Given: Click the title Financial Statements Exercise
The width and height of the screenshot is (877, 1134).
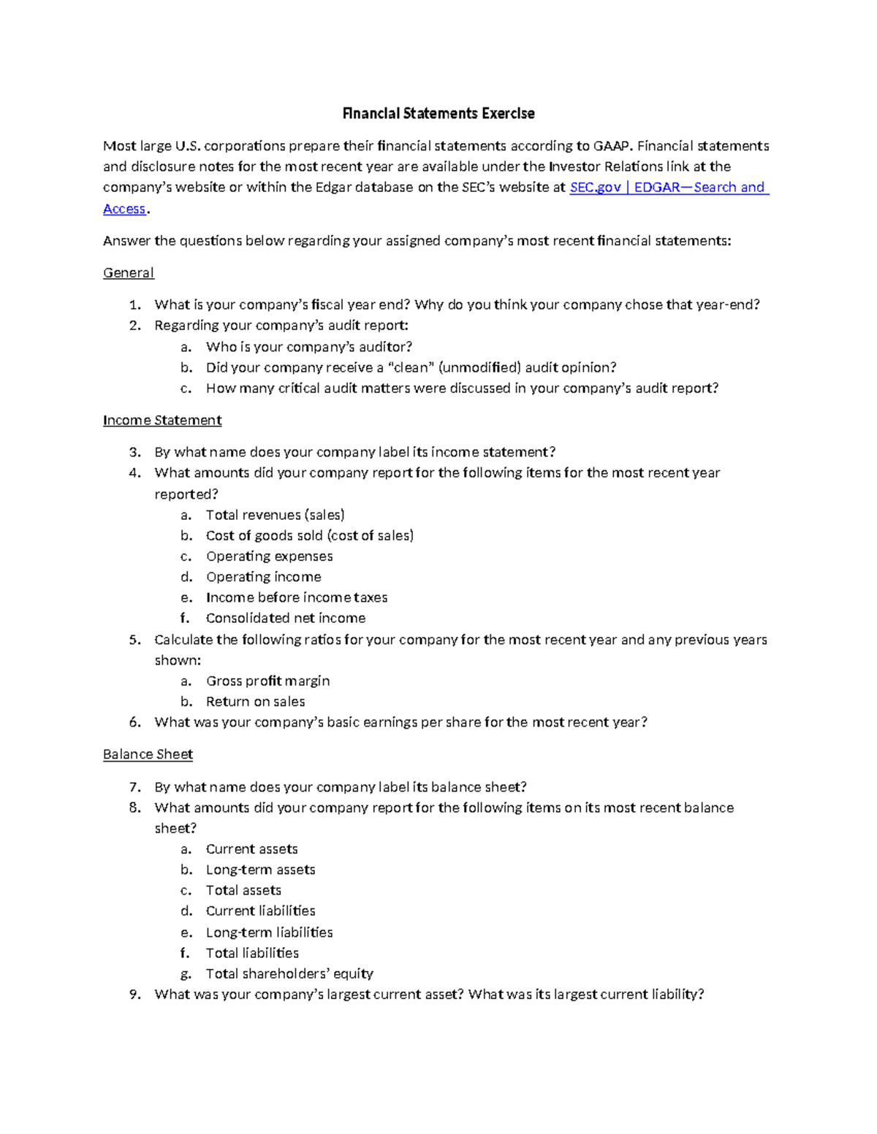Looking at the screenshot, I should (x=438, y=113).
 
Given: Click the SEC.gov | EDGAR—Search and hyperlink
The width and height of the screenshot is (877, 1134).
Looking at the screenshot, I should (x=668, y=188).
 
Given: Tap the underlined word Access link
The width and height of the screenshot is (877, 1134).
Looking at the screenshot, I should (x=124, y=209).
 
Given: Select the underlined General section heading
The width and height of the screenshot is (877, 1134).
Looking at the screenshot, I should (x=128, y=273).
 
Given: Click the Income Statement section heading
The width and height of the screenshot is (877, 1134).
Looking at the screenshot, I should (x=162, y=421).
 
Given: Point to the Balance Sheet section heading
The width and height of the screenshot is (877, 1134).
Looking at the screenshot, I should (x=148, y=754).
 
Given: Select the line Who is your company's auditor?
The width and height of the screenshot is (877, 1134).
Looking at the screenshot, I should (x=309, y=347).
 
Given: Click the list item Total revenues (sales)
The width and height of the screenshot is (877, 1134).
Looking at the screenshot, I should (x=275, y=515).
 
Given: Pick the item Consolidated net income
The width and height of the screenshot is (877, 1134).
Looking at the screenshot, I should (x=286, y=618).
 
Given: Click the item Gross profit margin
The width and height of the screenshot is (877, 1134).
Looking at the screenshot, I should (x=267, y=681).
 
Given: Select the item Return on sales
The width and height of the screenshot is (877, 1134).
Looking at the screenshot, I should (x=255, y=702).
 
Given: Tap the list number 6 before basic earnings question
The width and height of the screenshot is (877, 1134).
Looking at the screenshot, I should (x=134, y=722).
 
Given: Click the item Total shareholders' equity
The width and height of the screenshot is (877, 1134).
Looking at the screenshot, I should (x=289, y=973).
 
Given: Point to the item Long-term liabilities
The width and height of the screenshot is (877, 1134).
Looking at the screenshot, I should (x=269, y=932).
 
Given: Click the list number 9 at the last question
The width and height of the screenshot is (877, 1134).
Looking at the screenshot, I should (x=134, y=994).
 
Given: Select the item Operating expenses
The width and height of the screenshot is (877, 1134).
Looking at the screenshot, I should (x=269, y=556).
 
